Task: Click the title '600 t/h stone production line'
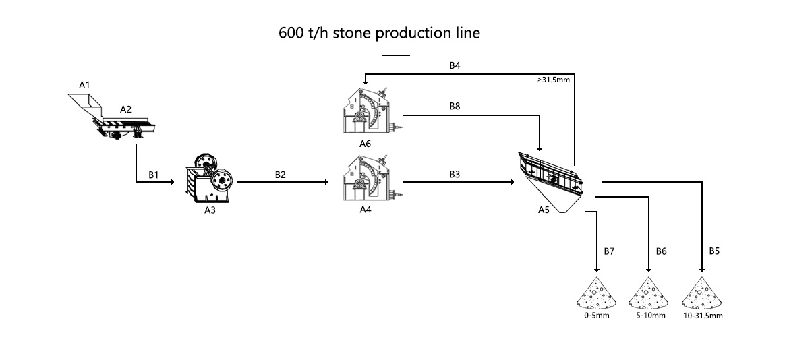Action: (379, 33)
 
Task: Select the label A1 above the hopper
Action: (84, 85)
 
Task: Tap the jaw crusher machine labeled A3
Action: (210, 177)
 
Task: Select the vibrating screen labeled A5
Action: (551, 177)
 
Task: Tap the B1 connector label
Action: (154, 174)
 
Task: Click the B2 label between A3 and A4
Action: (281, 174)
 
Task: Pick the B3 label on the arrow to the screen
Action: (455, 174)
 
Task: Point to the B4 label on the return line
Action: (455, 65)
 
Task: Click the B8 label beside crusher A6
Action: (455, 107)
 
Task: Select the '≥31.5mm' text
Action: (554, 80)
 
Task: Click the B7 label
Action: (609, 251)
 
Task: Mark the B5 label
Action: (714, 251)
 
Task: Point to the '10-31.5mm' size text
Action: (703, 316)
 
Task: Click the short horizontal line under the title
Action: (395, 55)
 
